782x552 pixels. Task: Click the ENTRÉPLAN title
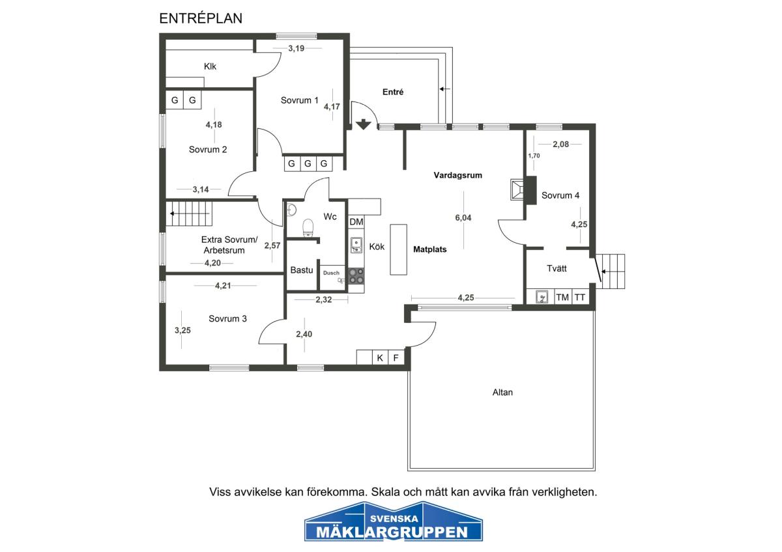pyautogui.click(x=201, y=18)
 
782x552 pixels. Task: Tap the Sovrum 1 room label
pyautogui.click(x=300, y=100)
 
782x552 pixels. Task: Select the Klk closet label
pyautogui.click(x=210, y=66)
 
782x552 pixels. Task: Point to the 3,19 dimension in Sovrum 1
pyautogui.click(x=297, y=48)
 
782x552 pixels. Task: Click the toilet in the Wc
pyautogui.click(x=308, y=228)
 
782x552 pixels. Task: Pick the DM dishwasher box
pyautogui.click(x=356, y=222)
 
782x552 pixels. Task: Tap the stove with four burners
pyautogui.click(x=356, y=276)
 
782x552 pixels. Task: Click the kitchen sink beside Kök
pyautogui.click(x=356, y=245)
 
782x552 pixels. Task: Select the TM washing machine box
pyautogui.click(x=562, y=297)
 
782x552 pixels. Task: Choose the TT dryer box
pyautogui.click(x=580, y=297)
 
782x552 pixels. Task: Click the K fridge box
pyautogui.click(x=380, y=358)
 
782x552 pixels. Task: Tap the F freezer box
pyautogui.click(x=396, y=358)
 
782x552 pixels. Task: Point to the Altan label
pyautogui.click(x=502, y=393)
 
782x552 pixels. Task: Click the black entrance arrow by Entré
pyautogui.click(x=364, y=124)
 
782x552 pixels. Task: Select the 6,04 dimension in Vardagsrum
pyautogui.click(x=463, y=218)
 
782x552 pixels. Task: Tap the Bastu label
pyautogui.click(x=302, y=270)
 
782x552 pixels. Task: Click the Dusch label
pyautogui.click(x=331, y=273)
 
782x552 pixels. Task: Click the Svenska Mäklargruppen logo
pyautogui.click(x=394, y=522)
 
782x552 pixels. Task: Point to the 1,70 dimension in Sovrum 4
pyautogui.click(x=534, y=156)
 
